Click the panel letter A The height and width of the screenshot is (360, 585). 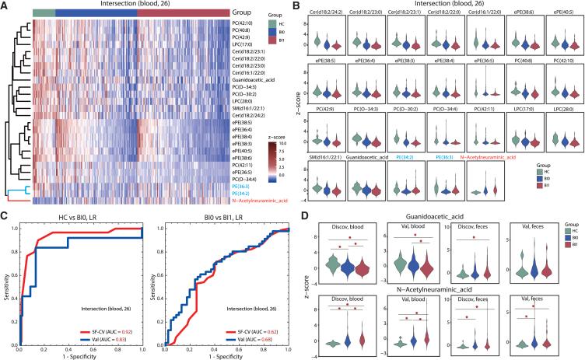click(5, 5)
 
